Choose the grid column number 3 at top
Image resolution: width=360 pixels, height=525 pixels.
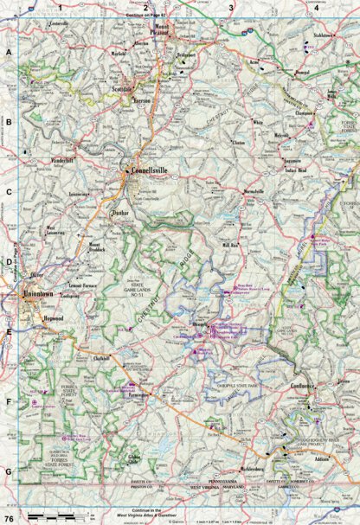point(231,8)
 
